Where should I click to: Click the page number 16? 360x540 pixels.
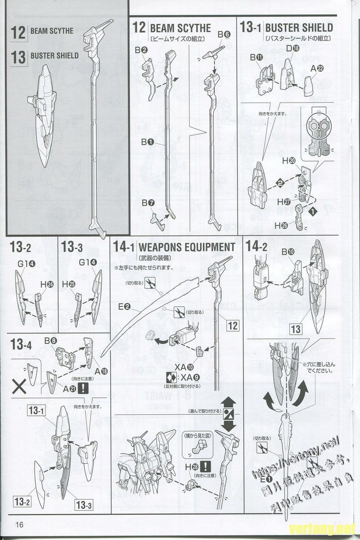18,525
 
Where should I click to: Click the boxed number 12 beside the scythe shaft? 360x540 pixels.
232,325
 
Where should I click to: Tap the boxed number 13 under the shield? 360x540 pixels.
295,329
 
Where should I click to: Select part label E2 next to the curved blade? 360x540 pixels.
124,307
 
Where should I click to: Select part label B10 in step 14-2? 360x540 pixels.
288,252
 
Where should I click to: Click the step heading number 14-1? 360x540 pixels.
124,247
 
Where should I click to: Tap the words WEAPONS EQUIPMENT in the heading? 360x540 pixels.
187,247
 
